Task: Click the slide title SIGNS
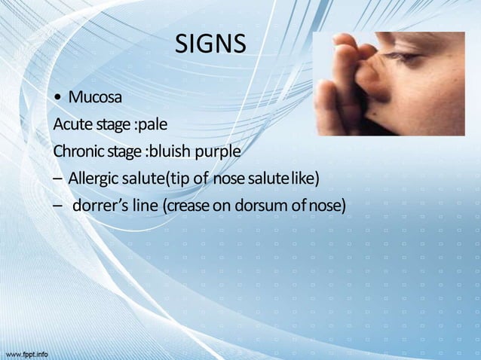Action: click(210, 44)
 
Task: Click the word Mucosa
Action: click(95, 98)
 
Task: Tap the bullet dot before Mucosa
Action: click(57, 99)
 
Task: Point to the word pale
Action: click(151, 124)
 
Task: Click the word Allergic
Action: click(93, 178)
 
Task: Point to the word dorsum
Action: click(265, 205)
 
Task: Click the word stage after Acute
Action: click(111, 125)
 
